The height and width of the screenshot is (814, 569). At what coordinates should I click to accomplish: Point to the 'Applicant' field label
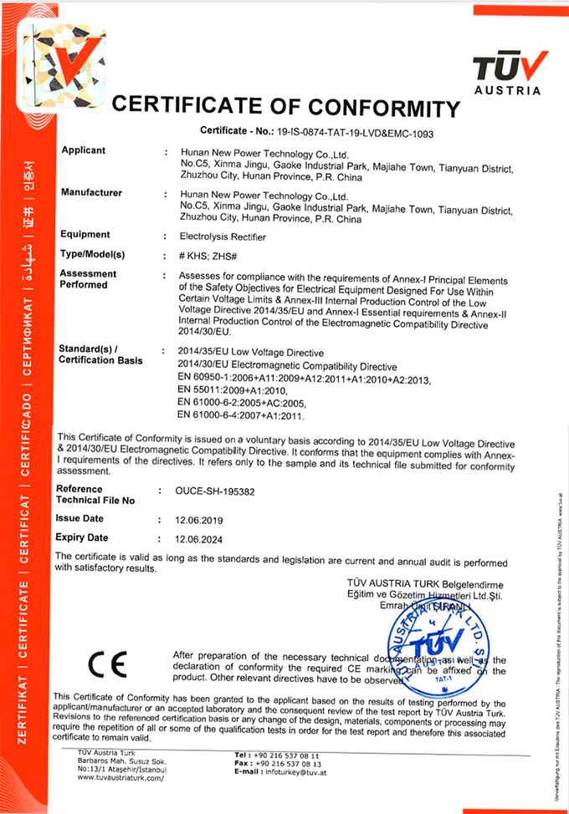[84, 150]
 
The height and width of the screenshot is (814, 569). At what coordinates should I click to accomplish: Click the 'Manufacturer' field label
[92, 193]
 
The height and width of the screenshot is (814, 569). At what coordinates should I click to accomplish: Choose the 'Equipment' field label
[86, 235]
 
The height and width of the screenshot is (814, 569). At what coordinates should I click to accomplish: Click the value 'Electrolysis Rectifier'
[223, 237]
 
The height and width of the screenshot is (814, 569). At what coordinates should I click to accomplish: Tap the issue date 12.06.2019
[200, 520]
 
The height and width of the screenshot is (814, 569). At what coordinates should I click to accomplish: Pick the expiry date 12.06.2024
[200, 539]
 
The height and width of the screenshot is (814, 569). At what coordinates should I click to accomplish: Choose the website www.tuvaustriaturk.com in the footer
[120, 778]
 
